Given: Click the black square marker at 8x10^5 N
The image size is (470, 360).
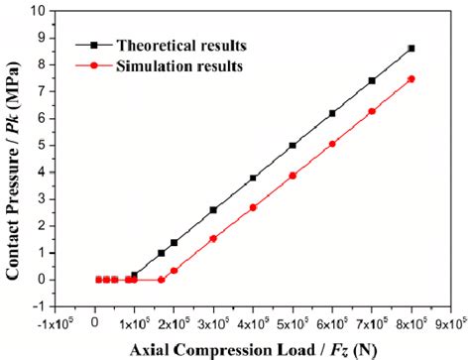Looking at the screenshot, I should [411, 49].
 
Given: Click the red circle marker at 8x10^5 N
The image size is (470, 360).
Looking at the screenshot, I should [411, 79].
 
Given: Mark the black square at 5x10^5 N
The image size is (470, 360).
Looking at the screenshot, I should [293, 145].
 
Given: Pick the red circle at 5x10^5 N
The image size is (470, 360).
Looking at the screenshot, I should [293, 176].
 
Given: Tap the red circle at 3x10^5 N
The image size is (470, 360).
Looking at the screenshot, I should [213, 239].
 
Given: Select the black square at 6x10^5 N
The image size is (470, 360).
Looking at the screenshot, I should [332, 113].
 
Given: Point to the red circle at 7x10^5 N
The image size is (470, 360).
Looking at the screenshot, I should [372, 111].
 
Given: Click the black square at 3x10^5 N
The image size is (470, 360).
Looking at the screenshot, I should [213, 209].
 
